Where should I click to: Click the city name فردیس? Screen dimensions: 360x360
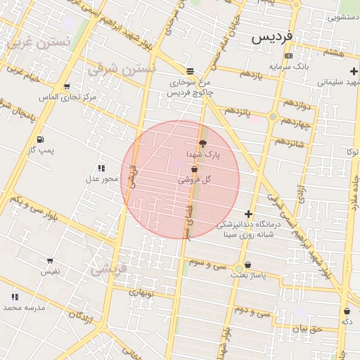coord(275,35)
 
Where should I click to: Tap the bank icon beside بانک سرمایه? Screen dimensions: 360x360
coord(288,56)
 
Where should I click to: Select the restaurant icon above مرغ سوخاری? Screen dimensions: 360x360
coord(190,71)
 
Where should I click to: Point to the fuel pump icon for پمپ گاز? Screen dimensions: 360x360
coord(39,139)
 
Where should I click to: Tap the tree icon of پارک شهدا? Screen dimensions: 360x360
coord(203,143)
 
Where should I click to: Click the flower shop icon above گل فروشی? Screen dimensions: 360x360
coord(193,169)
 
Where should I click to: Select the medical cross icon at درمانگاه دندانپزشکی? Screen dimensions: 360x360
coord(248,214)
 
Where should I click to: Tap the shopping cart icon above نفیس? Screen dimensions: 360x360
coord(50,261)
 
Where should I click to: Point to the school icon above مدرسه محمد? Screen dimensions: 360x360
coord(14,297)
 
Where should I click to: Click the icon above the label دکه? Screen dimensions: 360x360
coord(347,311)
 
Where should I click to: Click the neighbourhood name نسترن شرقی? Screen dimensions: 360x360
coord(120,69)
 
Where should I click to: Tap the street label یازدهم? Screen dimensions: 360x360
coord(250,75)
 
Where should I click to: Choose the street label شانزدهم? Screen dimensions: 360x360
coord(290,142)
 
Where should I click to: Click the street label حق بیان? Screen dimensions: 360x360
coord(307,328)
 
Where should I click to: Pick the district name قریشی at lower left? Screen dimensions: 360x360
coord(108,268)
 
